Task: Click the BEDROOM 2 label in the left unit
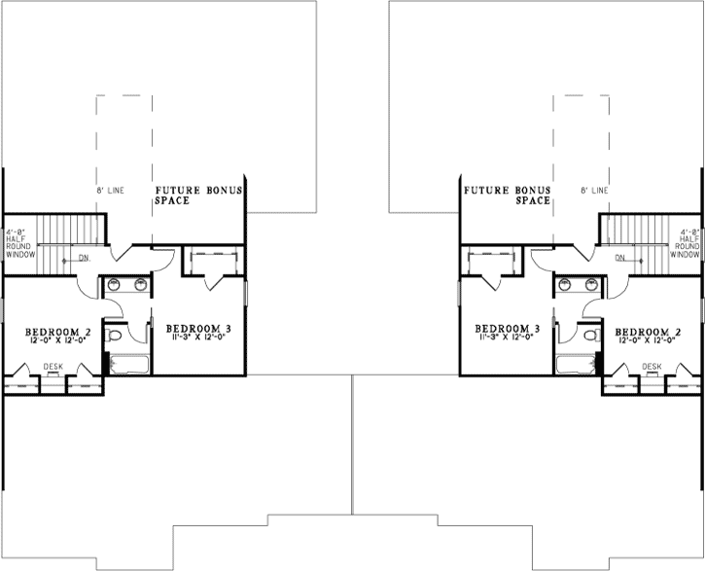coord(58,333)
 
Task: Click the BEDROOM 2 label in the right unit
coord(647,333)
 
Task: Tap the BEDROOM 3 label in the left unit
coord(198,329)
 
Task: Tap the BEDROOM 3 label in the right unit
coord(507,329)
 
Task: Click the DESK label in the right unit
coord(651,366)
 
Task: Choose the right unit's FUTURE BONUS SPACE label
coord(507,195)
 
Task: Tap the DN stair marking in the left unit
coord(86,258)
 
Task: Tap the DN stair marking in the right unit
coord(619,258)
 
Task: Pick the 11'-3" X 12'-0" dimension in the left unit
coord(198,339)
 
